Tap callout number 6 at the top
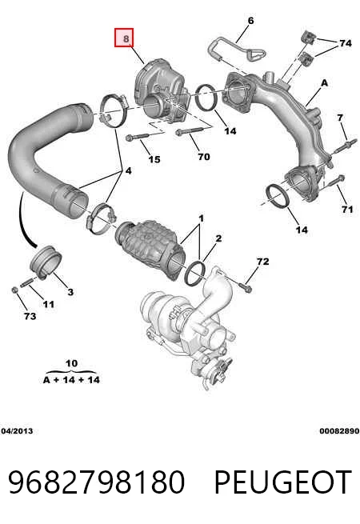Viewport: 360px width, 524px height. [250, 21]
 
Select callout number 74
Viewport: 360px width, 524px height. [346, 43]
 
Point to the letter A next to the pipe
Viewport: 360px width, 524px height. [324, 83]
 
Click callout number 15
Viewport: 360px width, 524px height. [154, 159]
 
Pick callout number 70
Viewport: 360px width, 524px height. [204, 156]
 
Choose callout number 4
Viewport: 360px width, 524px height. [128, 170]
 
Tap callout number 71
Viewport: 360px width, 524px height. [347, 209]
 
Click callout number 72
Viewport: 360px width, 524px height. [262, 261]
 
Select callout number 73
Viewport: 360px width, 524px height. [30, 316]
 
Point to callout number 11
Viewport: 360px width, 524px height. [49, 304]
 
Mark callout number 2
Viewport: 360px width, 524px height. [218, 238]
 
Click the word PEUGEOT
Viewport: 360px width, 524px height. [282, 482]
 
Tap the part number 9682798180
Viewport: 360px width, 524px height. [97, 482]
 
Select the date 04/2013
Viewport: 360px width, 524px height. [17, 430]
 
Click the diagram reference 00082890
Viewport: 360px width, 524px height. [339, 430]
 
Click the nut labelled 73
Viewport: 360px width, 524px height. [14, 290]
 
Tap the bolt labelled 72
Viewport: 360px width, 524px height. [246, 287]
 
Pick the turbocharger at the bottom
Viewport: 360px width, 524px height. [187, 331]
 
